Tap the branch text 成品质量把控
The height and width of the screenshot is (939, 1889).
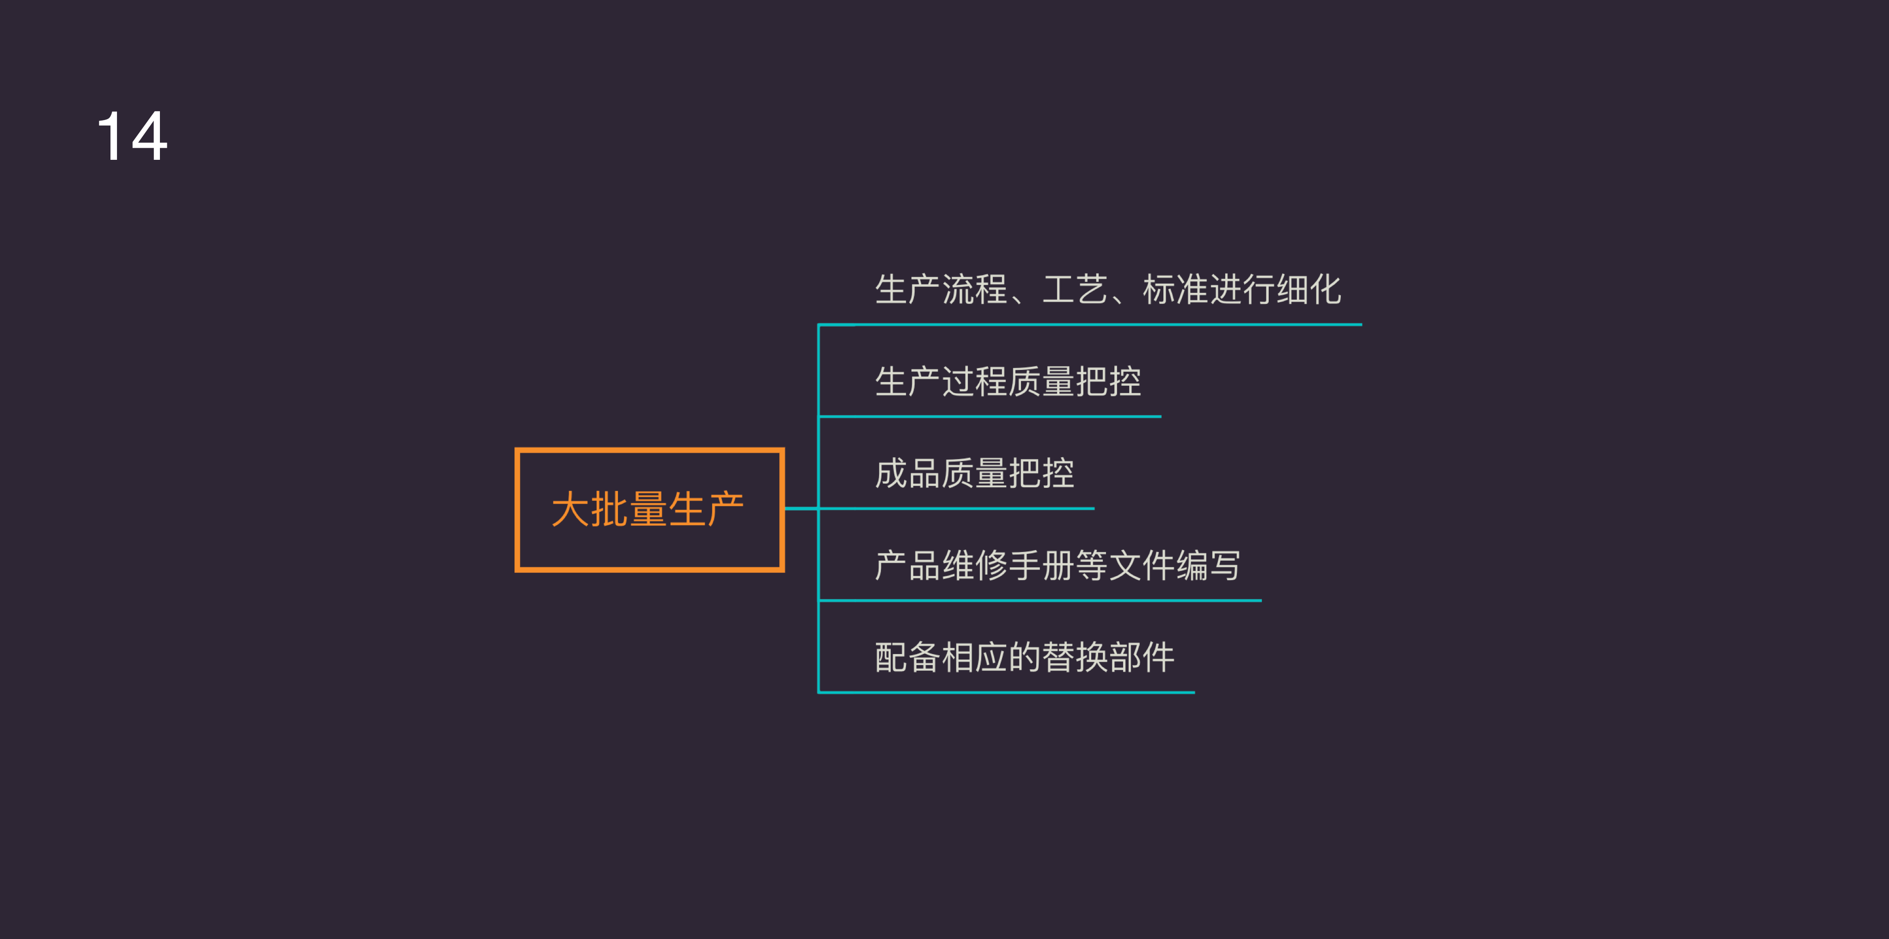point(975,473)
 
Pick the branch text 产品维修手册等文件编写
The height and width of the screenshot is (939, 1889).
point(1058,566)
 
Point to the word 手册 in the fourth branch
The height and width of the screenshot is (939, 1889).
point(1041,566)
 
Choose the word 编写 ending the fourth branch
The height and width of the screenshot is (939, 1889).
point(1209,566)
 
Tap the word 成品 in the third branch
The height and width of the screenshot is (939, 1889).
point(908,473)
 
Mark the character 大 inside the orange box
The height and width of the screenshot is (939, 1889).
point(570,509)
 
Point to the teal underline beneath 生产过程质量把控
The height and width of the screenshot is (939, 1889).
point(990,416)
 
